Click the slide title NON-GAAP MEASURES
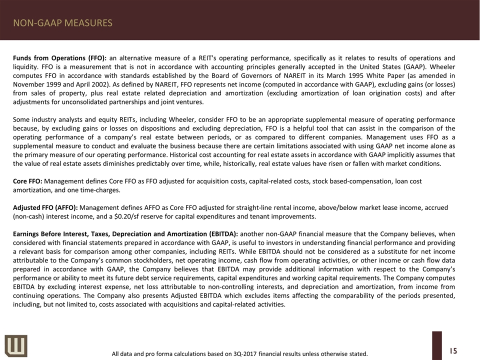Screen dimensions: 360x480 (62, 23)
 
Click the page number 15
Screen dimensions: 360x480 (453, 350)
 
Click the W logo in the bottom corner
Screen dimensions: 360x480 (16, 345)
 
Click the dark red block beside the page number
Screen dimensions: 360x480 (436, 345)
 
